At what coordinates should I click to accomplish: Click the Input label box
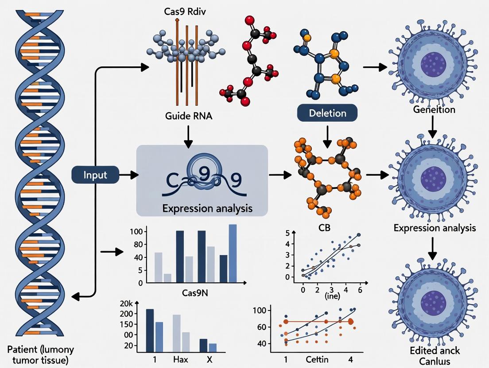coord(96,175)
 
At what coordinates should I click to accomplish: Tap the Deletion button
coord(327,113)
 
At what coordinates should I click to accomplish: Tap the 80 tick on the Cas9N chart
coord(137,245)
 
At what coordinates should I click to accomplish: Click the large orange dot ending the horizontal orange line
coord(352,322)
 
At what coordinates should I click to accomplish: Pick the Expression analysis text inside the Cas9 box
coord(202,208)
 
